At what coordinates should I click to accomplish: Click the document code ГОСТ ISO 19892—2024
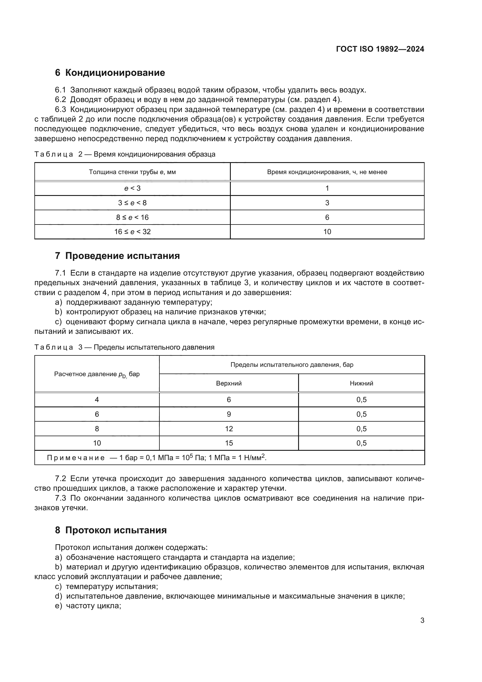coord(380,49)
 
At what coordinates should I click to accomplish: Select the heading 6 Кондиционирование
coord(110,73)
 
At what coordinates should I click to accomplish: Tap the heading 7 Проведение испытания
coord(117,256)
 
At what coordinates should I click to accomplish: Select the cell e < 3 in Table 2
coord(132,188)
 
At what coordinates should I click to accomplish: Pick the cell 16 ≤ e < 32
coord(132,232)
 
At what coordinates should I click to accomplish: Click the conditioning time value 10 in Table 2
coord(327,232)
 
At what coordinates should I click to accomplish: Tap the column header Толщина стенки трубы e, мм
coord(132,172)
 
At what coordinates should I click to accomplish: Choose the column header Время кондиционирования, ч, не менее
coord(327,172)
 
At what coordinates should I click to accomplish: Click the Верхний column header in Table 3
coord(228,383)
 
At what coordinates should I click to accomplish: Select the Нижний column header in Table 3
coord(361,383)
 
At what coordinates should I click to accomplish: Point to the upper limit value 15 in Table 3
coord(228,443)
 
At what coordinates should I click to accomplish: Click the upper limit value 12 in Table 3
coord(228,429)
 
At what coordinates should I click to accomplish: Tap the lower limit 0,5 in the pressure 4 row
coord(361,400)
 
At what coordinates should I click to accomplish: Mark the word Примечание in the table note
coord(76,458)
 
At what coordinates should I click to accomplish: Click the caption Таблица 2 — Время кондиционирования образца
coord(125,155)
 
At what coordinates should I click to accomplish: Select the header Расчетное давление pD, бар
coord(97,374)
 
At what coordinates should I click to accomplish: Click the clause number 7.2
coord(60,478)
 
